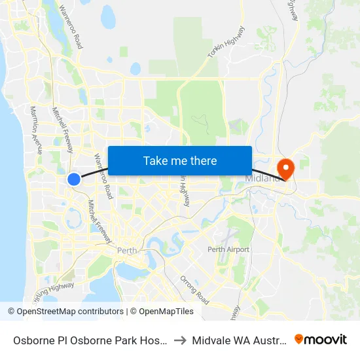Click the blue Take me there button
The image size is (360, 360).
180,160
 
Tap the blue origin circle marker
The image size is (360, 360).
75,179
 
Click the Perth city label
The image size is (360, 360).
126,250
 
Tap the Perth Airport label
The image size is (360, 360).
228,249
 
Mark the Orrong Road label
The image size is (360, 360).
194,289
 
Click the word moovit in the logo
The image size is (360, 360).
325,339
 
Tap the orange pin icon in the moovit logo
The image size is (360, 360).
299,339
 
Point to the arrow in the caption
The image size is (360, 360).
179,340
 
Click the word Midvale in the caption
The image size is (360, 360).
211,340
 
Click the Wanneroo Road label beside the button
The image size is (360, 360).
103,176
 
